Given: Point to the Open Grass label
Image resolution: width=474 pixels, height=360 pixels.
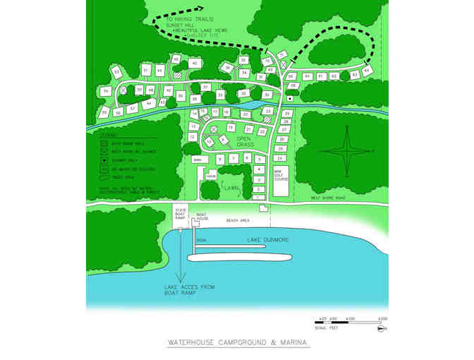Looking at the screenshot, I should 244,142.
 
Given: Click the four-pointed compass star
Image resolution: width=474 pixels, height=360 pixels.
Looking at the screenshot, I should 346,150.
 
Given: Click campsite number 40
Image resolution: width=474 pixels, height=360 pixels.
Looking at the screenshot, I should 195,64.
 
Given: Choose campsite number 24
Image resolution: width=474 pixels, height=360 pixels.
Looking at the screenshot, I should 280,158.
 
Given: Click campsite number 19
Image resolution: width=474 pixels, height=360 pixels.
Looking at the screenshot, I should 231,127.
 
